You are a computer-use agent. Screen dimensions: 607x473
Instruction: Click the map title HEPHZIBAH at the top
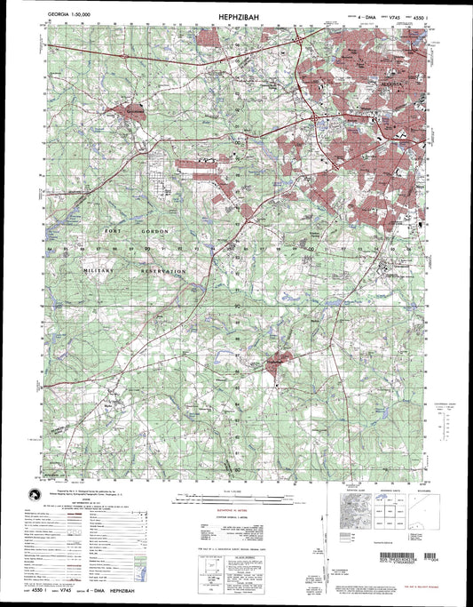[x=235, y=16]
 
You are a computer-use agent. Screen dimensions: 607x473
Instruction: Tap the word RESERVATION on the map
[x=162, y=269]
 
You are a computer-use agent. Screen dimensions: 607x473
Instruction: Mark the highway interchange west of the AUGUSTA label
[x=317, y=116]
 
